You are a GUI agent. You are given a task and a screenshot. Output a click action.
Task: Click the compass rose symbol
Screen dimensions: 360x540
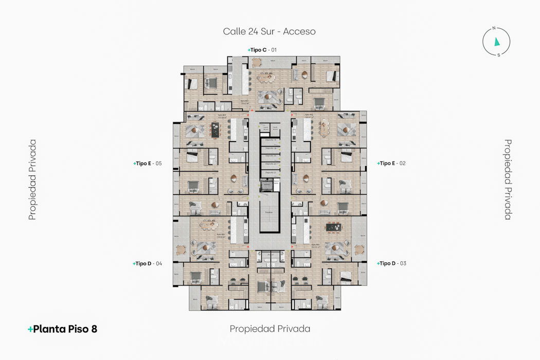[x=496, y=42]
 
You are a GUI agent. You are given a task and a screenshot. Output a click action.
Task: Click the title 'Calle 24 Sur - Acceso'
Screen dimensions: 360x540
[x=269, y=31]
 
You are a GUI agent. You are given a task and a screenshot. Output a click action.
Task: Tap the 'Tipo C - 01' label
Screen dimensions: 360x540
[x=262, y=50]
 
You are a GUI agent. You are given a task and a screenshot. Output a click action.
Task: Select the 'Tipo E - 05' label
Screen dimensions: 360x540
[x=148, y=164]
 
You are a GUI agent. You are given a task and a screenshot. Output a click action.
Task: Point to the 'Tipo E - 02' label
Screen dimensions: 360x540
[x=392, y=164]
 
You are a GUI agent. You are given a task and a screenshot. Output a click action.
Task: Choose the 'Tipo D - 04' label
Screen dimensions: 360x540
[x=148, y=263]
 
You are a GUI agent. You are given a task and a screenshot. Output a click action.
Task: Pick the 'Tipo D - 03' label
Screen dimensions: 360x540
[x=392, y=263]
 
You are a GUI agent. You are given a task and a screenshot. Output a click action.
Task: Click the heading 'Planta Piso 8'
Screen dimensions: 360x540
[x=62, y=329]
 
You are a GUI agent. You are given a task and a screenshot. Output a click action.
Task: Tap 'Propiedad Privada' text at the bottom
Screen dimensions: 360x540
[x=270, y=329]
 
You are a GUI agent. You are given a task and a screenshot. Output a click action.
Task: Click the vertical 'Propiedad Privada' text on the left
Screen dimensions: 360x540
[x=32, y=179]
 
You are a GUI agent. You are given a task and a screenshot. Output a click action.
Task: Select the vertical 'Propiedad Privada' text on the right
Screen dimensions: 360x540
[x=508, y=179]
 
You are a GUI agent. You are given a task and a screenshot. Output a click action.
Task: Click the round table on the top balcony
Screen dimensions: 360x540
[x=256, y=62]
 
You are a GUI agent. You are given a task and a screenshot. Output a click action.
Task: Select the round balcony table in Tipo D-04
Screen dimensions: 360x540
[x=181, y=250]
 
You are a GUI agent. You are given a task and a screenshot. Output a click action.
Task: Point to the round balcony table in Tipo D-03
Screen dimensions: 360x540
[x=358, y=250]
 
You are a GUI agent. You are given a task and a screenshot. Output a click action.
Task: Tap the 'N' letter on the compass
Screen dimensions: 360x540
[x=494, y=29]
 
